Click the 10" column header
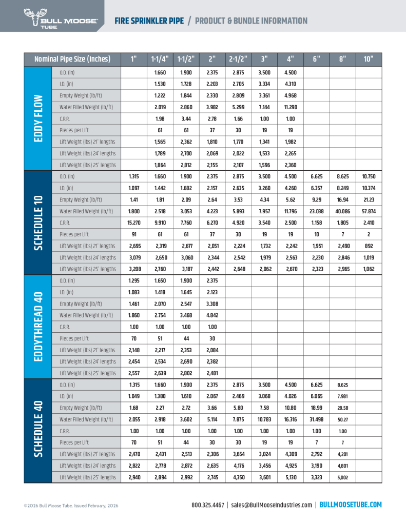point(368,59)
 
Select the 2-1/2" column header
point(238,59)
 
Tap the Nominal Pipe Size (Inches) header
point(72,59)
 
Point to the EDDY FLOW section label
point(37,118)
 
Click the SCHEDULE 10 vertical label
point(37,223)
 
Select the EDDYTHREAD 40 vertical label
point(37,327)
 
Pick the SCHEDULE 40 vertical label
point(37,431)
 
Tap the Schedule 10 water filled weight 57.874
point(368,211)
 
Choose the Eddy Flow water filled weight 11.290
point(290,107)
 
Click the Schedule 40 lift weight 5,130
point(290,477)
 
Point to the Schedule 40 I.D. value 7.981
point(342,396)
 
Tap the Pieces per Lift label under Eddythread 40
point(74,338)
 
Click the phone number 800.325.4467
point(208,505)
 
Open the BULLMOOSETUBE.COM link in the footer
point(351,505)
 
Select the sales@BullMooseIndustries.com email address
point(272,505)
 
